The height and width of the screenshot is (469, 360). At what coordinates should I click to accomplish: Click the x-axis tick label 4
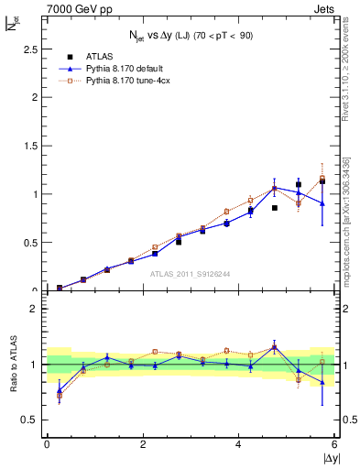point(239,444)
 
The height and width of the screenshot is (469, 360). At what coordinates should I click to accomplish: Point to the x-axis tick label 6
point(335,444)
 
